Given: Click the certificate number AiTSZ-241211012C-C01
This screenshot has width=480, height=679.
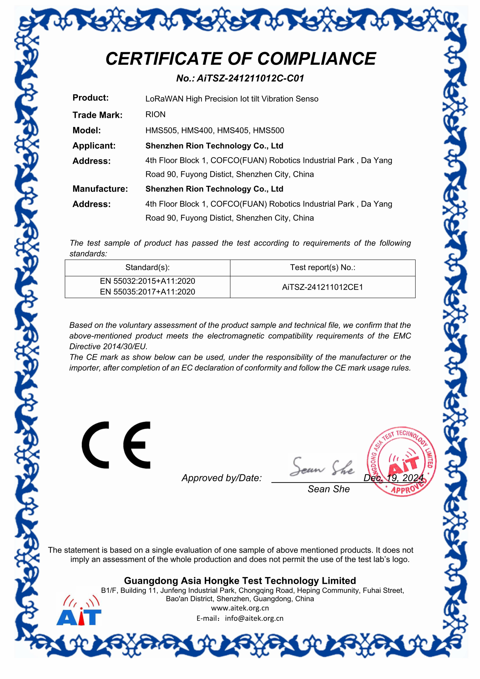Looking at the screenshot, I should click(250, 78).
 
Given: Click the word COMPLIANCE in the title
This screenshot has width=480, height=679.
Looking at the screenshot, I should click(317, 59).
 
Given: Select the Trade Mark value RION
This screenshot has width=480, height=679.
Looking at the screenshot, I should click(155, 114).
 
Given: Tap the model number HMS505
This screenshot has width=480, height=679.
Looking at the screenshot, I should click(161, 130).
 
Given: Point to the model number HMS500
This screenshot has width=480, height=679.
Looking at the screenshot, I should click(268, 130).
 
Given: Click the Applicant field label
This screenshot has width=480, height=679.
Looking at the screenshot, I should click(94, 146).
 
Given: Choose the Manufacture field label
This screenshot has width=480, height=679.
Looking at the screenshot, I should click(100, 189).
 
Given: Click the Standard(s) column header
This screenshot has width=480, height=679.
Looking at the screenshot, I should click(147, 267).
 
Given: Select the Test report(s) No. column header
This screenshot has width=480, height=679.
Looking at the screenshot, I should click(322, 267).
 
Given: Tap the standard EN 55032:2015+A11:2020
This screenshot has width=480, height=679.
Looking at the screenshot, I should click(147, 281).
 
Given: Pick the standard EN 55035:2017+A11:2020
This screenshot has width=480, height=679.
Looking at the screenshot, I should click(147, 292).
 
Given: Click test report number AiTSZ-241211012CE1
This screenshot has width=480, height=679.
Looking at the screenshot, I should click(322, 287).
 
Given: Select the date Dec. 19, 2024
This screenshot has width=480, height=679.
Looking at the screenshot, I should click(393, 478).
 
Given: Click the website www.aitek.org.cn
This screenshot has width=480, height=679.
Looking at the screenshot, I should click(240, 608).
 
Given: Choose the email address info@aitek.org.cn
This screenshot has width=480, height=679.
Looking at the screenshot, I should click(254, 618).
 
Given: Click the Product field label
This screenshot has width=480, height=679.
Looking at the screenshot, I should click(91, 98).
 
